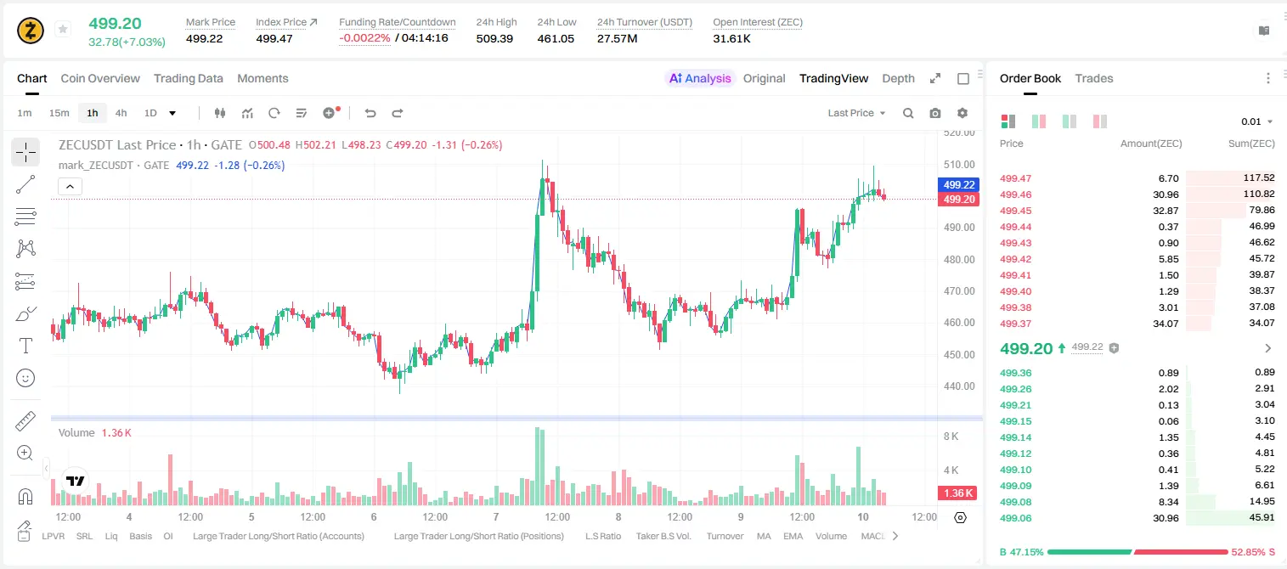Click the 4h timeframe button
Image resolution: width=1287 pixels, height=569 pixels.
[121, 113]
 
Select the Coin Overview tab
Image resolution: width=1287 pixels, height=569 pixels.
[100, 78]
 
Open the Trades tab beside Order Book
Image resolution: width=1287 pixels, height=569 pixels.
[1093, 78]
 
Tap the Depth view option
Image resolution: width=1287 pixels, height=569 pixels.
[898, 78]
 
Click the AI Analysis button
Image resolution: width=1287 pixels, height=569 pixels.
[700, 78]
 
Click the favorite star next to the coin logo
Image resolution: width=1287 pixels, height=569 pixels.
[63, 29]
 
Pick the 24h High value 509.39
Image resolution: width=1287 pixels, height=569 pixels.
[494, 38]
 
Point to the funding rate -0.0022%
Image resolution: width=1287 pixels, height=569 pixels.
[364, 38]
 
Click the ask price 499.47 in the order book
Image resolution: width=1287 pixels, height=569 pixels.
[1015, 178]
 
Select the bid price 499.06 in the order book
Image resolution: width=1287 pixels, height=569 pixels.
[1015, 518]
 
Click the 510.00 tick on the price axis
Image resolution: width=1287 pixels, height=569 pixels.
[959, 164]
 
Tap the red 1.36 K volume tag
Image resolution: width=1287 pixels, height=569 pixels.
[957, 493]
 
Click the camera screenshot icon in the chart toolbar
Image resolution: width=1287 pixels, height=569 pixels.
[935, 113]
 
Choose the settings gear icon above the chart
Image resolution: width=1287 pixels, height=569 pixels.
[962, 113]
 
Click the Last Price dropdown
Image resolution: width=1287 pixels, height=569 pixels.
[856, 113]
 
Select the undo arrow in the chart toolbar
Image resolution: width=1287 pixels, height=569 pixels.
[370, 113]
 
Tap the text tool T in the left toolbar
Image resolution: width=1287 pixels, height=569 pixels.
[25, 346]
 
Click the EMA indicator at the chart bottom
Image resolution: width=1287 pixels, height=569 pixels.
[793, 536]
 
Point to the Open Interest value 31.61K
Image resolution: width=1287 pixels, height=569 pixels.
[731, 38]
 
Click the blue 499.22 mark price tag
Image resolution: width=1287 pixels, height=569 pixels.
[958, 184]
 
